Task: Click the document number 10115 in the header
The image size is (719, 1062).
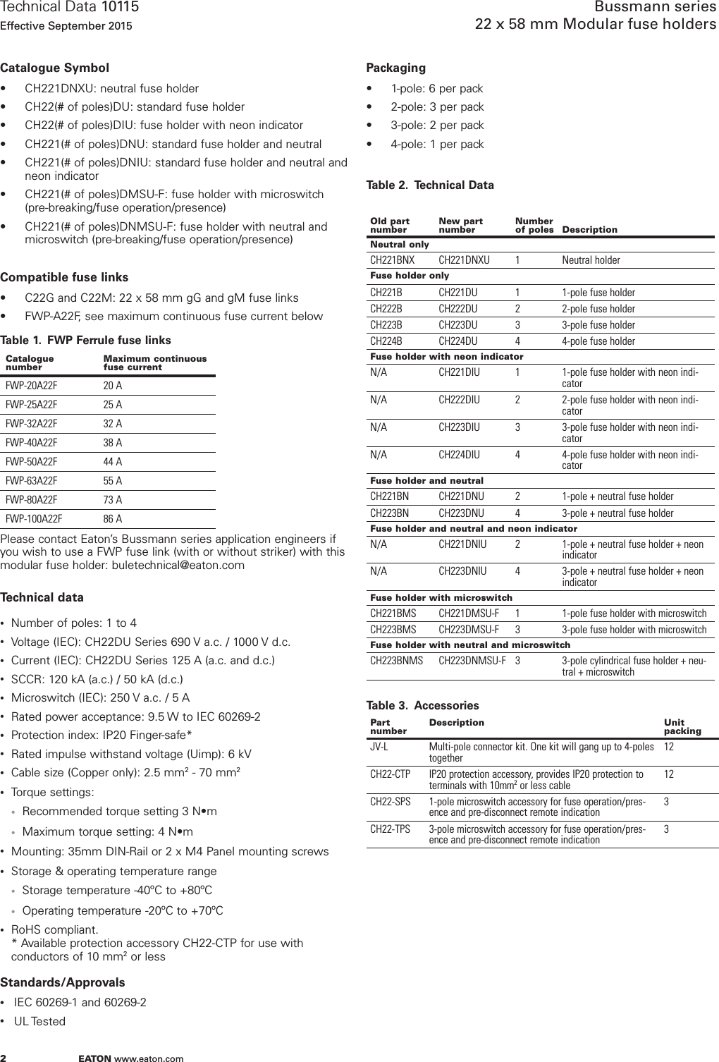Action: tap(121, 8)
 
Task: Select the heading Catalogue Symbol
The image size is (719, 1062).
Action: tap(55, 68)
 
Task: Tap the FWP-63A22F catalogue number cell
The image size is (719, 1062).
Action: tap(32, 481)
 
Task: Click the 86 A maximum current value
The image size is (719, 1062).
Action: tap(113, 519)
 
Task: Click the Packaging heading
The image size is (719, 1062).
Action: tap(395, 68)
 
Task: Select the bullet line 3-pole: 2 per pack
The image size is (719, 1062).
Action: tap(437, 126)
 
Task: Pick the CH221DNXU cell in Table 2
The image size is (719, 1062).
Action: tap(464, 260)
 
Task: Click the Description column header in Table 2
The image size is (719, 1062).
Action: tap(589, 230)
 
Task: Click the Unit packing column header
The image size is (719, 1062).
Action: tap(682, 727)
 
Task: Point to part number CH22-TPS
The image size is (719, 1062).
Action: tap(391, 829)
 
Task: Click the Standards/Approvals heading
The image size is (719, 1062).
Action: tap(63, 982)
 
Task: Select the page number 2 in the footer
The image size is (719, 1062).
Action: tap(4, 1058)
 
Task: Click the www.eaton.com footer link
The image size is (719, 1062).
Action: tap(149, 1058)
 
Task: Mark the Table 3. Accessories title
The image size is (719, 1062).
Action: tap(422, 706)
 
